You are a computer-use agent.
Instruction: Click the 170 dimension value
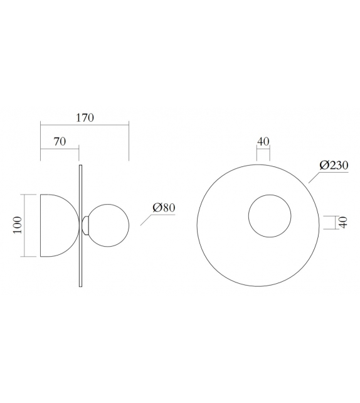(x=85, y=117)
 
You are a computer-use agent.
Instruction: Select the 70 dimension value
(x=60, y=142)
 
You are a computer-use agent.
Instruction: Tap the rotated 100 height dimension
(x=17, y=225)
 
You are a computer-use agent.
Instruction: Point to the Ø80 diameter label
(x=163, y=208)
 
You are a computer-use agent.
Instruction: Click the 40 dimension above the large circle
(x=263, y=141)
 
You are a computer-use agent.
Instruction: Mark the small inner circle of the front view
(x=270, y=216)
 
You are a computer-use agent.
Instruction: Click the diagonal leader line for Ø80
(x=146, y=220)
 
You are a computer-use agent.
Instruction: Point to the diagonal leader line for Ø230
(x=314, y=176)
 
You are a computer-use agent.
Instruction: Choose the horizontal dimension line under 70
(x=60, y=148)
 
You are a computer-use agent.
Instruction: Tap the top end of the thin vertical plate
(x=80, y=166)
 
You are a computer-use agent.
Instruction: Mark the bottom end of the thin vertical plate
(x=80, y=286)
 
